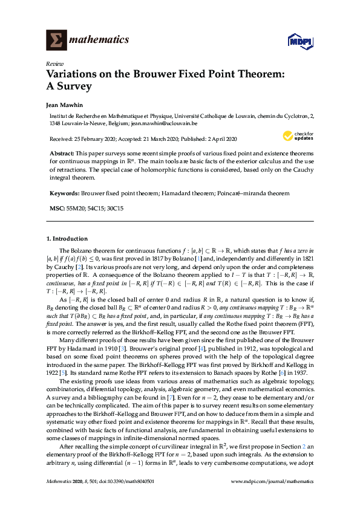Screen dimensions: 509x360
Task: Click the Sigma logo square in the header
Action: (57, 39)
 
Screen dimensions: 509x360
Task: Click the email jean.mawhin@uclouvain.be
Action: (164, 123)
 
